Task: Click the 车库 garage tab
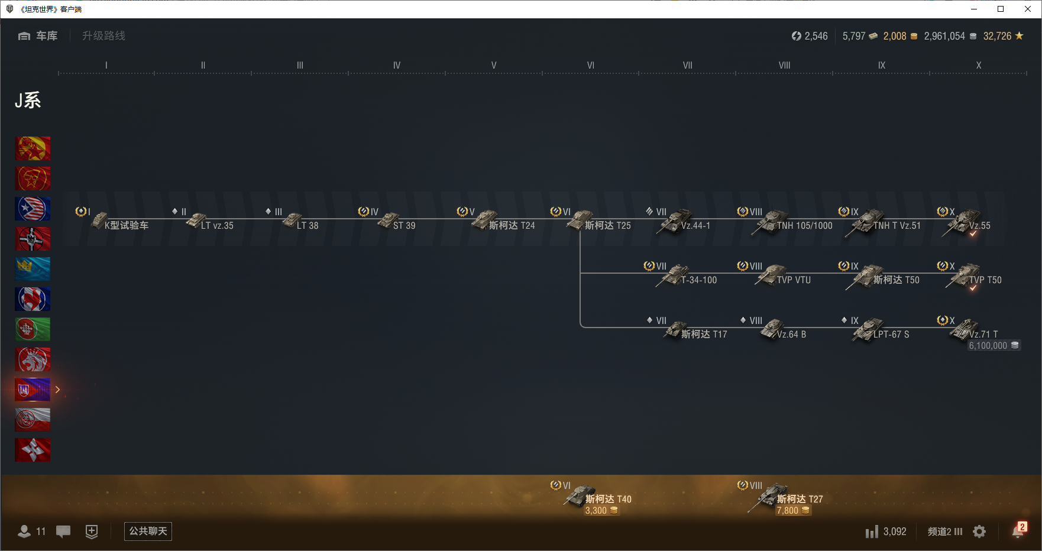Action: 38,36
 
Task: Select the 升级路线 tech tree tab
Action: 103,36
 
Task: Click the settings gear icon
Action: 979,531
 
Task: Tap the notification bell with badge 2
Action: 1018,531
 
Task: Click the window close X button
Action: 1028,9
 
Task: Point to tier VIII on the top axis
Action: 784,66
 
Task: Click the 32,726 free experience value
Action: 997,36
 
